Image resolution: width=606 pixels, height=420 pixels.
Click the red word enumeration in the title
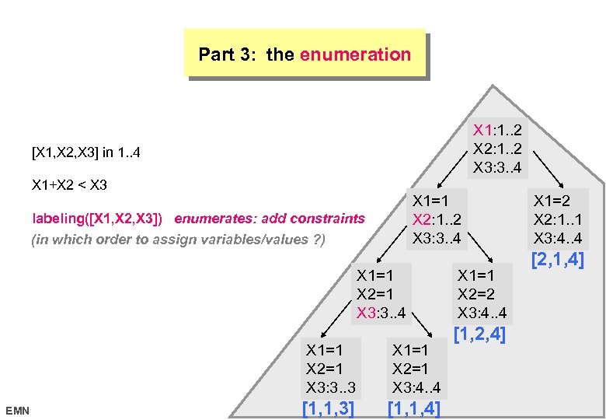coord(355,54)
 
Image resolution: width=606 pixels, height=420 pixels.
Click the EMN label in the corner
coord(16,409)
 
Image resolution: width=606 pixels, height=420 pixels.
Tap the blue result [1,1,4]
coord(413,408)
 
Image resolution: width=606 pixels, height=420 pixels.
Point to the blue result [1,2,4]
coord(479,335)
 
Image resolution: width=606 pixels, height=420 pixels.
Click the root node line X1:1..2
coord(497,128)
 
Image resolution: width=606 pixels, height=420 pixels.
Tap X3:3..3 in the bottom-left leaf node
coord(332,387)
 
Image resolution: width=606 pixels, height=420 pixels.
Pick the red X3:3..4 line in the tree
coord(381,313)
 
